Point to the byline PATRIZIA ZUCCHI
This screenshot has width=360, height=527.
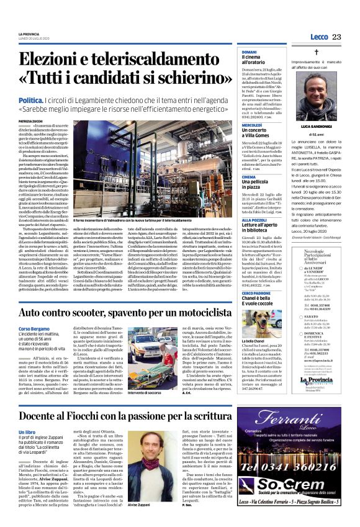[30, 122]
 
